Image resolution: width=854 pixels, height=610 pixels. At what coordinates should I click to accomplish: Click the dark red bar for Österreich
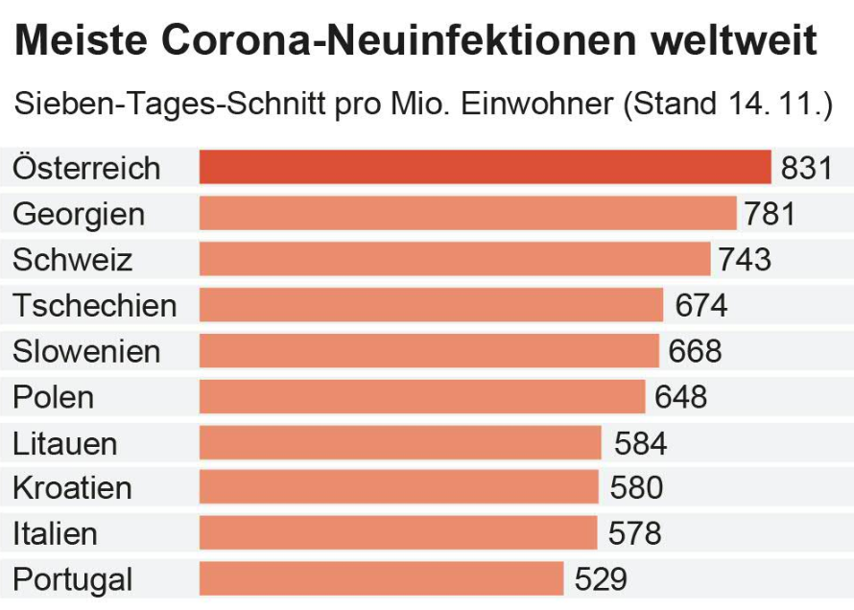click(485, 167)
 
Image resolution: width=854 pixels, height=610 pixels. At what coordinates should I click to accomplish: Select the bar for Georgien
click(467, 213)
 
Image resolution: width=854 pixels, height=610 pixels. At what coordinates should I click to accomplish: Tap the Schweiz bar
click(455, 259)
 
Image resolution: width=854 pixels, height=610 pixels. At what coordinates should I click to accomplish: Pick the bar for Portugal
click(381, 579)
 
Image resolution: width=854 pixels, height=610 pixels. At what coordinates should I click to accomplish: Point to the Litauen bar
click(400, 443)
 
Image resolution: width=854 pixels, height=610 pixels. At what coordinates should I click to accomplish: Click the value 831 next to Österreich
click(806, 168)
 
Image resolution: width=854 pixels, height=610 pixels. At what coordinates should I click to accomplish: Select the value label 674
click(701, 305)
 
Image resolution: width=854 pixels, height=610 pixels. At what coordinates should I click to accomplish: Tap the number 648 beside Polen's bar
click(680, 396)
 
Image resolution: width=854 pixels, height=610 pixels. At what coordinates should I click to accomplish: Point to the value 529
click(601, 579)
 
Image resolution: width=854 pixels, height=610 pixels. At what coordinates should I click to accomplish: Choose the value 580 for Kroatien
click(636, 488)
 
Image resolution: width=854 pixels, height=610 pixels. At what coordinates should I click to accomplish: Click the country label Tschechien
click(94, 305)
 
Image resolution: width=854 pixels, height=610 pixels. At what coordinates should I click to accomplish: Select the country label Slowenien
click(86, 351)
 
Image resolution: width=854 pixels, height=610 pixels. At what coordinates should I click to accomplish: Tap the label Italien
click(55, 533)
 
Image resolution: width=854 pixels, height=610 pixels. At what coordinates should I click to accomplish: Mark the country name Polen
click(53, 396)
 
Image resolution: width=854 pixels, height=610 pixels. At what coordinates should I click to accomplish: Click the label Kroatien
click(72, 488)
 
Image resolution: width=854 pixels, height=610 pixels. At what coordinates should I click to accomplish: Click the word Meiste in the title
click(81, 40)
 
